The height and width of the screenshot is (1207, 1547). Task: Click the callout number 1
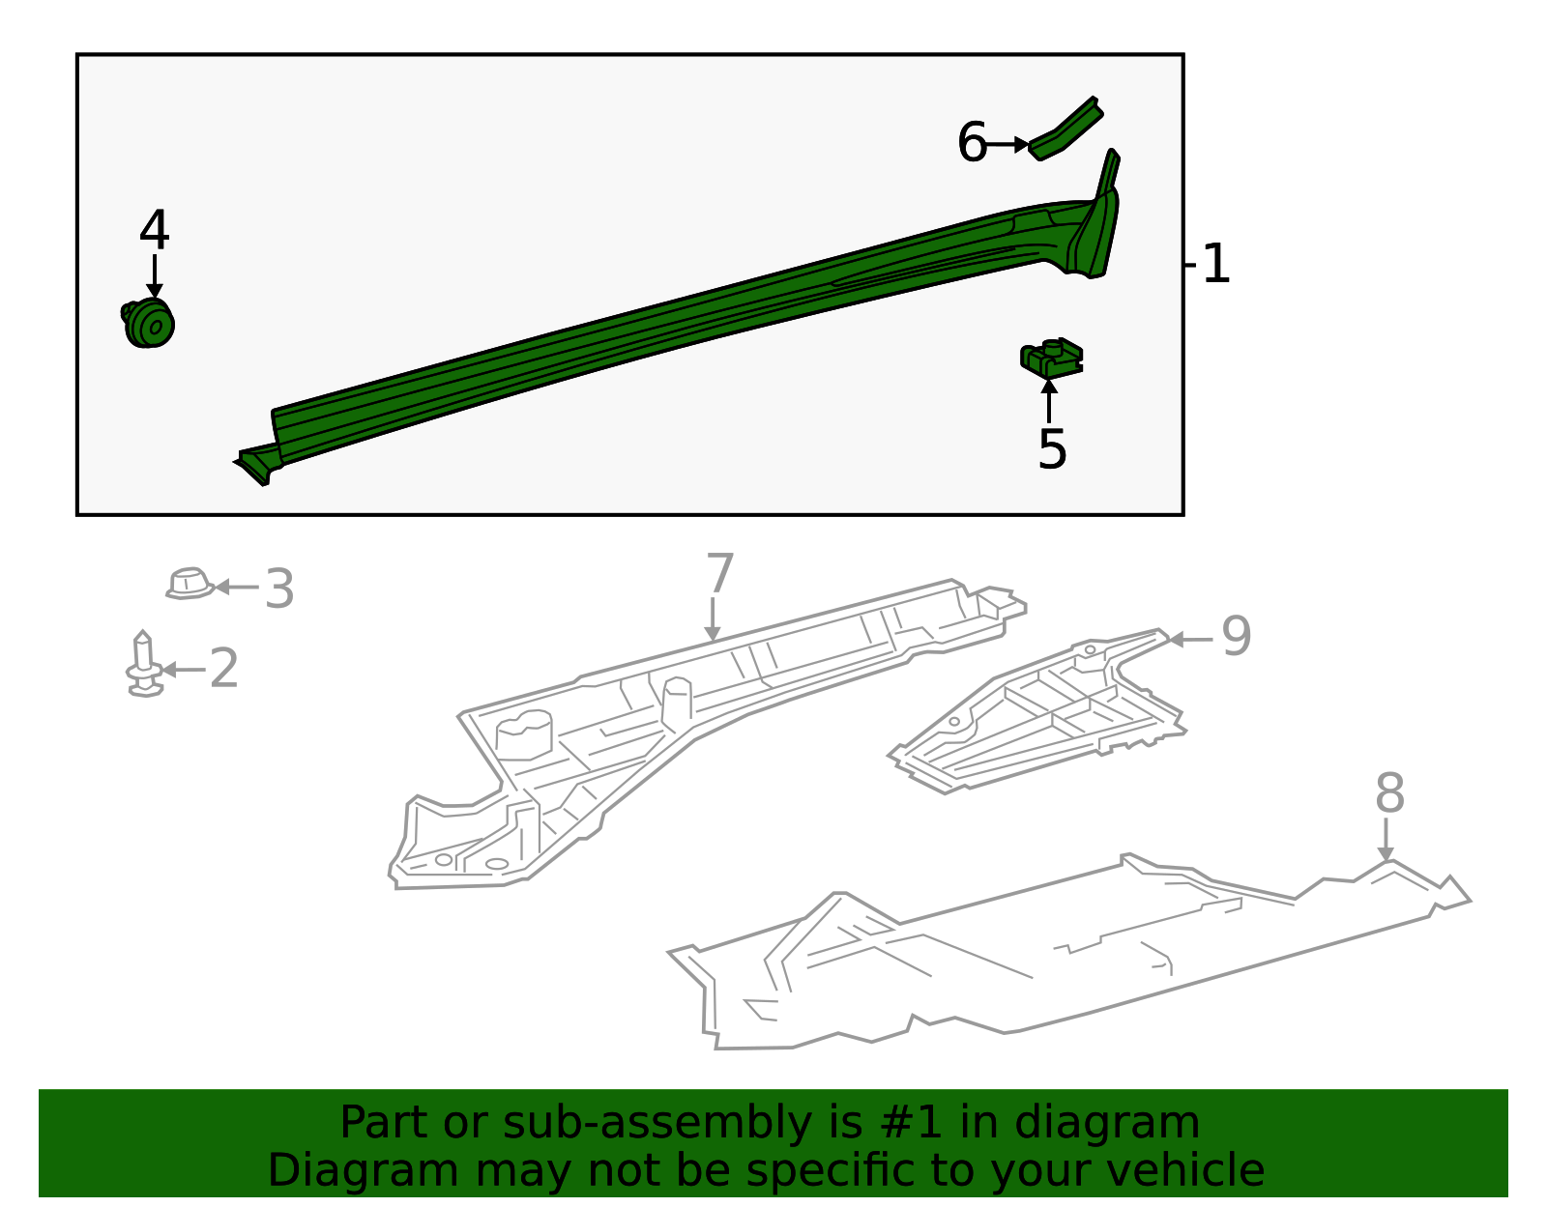[1216, 264]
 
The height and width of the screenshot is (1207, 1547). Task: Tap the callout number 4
[154, 230]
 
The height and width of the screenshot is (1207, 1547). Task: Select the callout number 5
[1052, 449]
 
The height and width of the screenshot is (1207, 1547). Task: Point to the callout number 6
[972, 142]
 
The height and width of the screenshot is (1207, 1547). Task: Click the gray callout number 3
[279, 589]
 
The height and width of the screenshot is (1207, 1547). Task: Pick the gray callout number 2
[223, 669]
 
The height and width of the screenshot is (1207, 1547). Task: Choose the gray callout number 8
[1389, 792]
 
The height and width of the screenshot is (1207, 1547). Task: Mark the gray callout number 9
[1236, 636]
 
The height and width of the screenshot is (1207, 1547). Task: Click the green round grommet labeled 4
[147, 324]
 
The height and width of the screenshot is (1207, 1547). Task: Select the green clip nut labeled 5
[1052, 358]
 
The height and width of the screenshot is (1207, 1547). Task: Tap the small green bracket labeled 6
[1065, 129]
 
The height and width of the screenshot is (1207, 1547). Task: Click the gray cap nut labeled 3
[190, 584]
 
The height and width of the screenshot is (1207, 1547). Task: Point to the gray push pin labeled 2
[144, 664]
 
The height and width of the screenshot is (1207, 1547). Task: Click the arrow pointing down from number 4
[155, 276]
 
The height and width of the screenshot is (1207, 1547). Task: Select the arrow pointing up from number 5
[1049, 402]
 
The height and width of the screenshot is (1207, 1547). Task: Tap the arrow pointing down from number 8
[1386, 839]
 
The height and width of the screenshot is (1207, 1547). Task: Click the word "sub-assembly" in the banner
[657, 1123]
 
